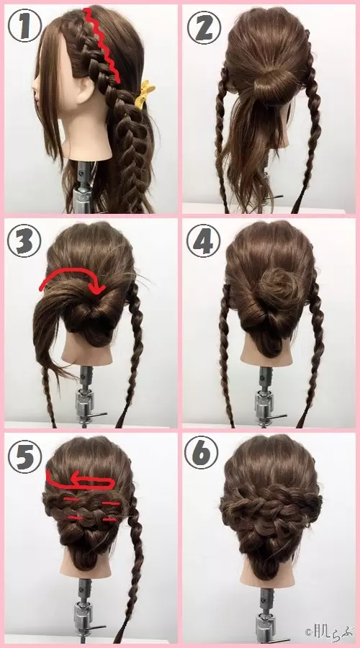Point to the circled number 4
[x=203, y=240]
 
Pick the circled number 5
[x=24, y=456]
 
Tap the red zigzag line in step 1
[x=104, y=43]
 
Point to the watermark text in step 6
[x=330, y=631]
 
